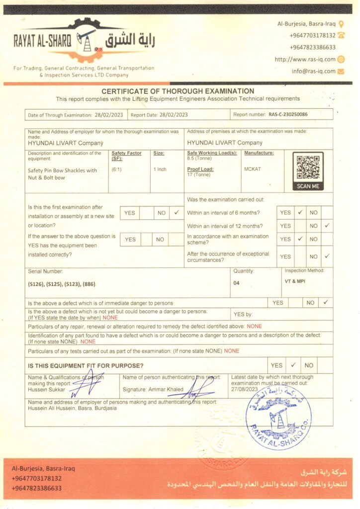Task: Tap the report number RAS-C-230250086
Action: (x=288, y=115)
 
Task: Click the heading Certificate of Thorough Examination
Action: (x=178, y=91)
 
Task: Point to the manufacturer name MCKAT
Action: (x=252, y=169)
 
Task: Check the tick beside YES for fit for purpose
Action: (x=293, y=365)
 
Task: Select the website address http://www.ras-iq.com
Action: (x=305, y=59)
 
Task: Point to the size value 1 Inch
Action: (x=160, y=170)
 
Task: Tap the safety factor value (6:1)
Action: (x=118, y=170)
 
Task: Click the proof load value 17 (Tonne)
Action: (x=199, y=174)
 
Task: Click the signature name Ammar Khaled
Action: (x=166, y=389)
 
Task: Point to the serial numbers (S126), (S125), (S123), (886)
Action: (x=62, y=284)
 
